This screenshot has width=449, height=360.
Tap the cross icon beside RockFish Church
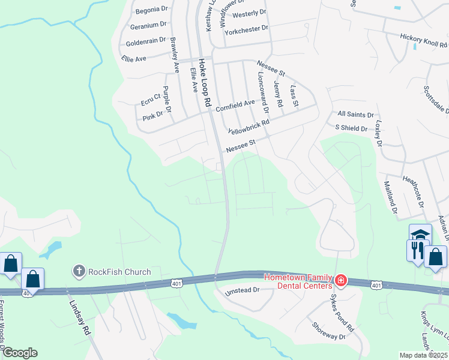point(79,272)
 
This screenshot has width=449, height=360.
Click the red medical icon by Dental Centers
point(340,280)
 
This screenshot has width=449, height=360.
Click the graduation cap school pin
point(420,234)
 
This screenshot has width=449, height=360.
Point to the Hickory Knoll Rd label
point(424,40)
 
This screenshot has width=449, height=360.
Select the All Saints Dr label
point(355,113)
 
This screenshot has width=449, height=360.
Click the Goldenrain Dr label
point(146,43)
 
